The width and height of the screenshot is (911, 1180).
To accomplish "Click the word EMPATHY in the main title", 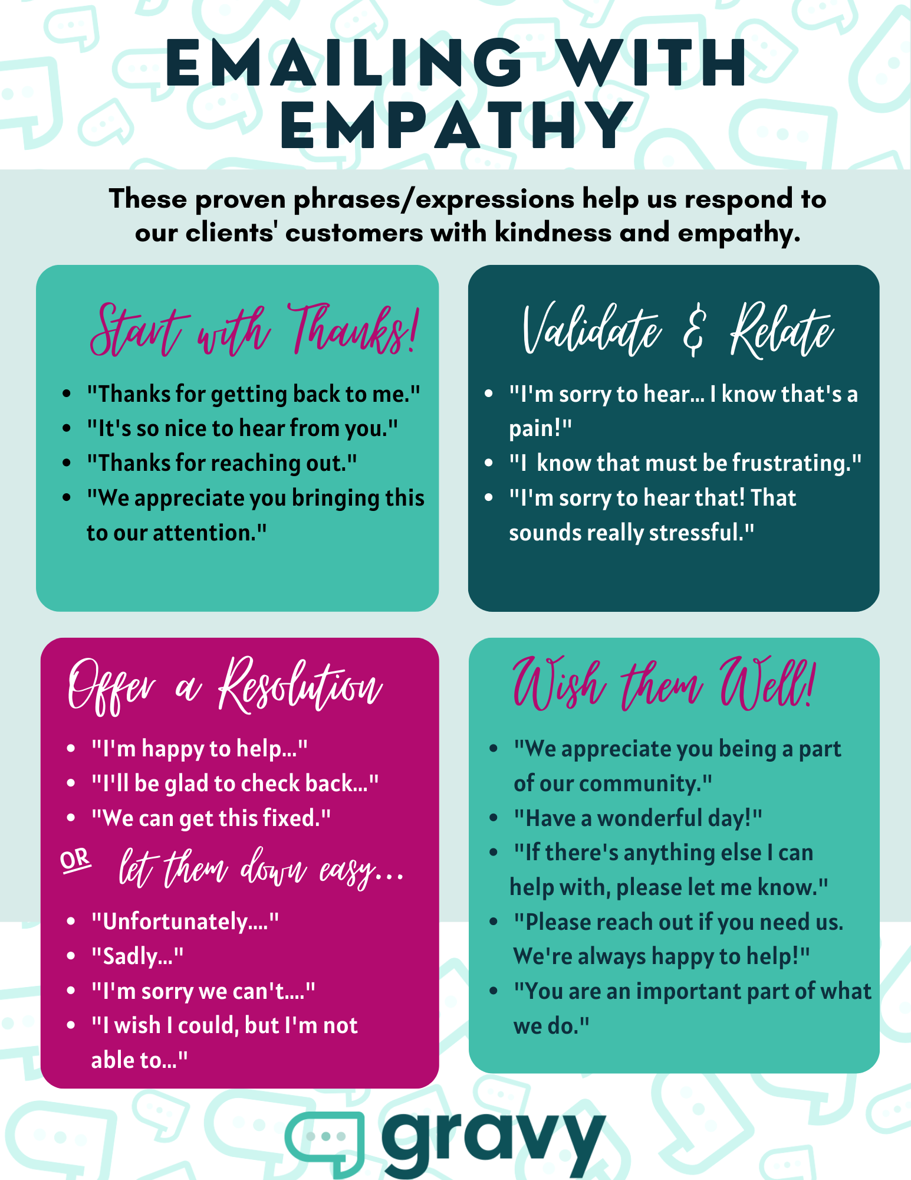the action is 456,125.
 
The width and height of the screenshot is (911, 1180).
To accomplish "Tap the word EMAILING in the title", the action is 344,63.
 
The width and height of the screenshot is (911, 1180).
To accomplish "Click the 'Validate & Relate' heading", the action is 678,330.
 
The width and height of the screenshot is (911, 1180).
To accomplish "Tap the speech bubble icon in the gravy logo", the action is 325,1142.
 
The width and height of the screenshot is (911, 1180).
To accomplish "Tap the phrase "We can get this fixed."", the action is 211,819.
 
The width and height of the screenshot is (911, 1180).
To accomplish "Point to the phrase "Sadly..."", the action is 137,956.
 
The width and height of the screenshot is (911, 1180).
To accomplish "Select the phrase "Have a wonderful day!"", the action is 637,819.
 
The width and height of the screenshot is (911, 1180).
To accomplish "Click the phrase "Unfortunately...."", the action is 185,922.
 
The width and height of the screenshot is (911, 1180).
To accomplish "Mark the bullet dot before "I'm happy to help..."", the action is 71,749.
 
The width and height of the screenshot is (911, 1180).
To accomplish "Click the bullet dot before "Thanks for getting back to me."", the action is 67,394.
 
